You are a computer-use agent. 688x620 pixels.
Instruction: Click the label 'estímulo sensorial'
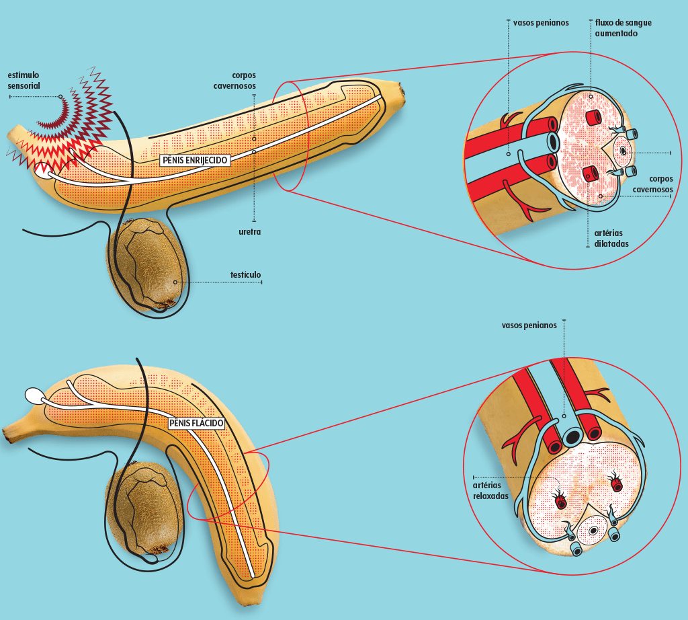coord(24,80)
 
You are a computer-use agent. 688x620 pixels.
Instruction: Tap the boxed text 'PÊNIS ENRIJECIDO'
coord(195,160)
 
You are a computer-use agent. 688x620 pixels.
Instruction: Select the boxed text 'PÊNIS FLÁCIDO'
coord(196,423)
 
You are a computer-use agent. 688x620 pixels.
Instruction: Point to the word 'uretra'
coord(249,231)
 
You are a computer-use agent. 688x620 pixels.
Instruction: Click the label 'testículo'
coord(245,274)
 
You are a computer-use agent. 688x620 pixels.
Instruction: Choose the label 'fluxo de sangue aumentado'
coord(623,28)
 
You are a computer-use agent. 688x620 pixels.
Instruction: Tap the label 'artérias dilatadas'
coord(611,238)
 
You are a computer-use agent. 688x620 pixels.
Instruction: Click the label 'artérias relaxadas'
coord(490,490)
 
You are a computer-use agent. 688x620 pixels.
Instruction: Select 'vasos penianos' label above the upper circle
coord(540,23)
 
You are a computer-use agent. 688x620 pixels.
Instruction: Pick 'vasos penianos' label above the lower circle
coord(529,325)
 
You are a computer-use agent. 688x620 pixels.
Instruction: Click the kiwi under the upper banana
coord(146,262)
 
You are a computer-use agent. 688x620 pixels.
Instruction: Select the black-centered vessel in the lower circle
coord(572,437)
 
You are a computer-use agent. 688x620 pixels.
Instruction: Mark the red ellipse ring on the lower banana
coord(226,486)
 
